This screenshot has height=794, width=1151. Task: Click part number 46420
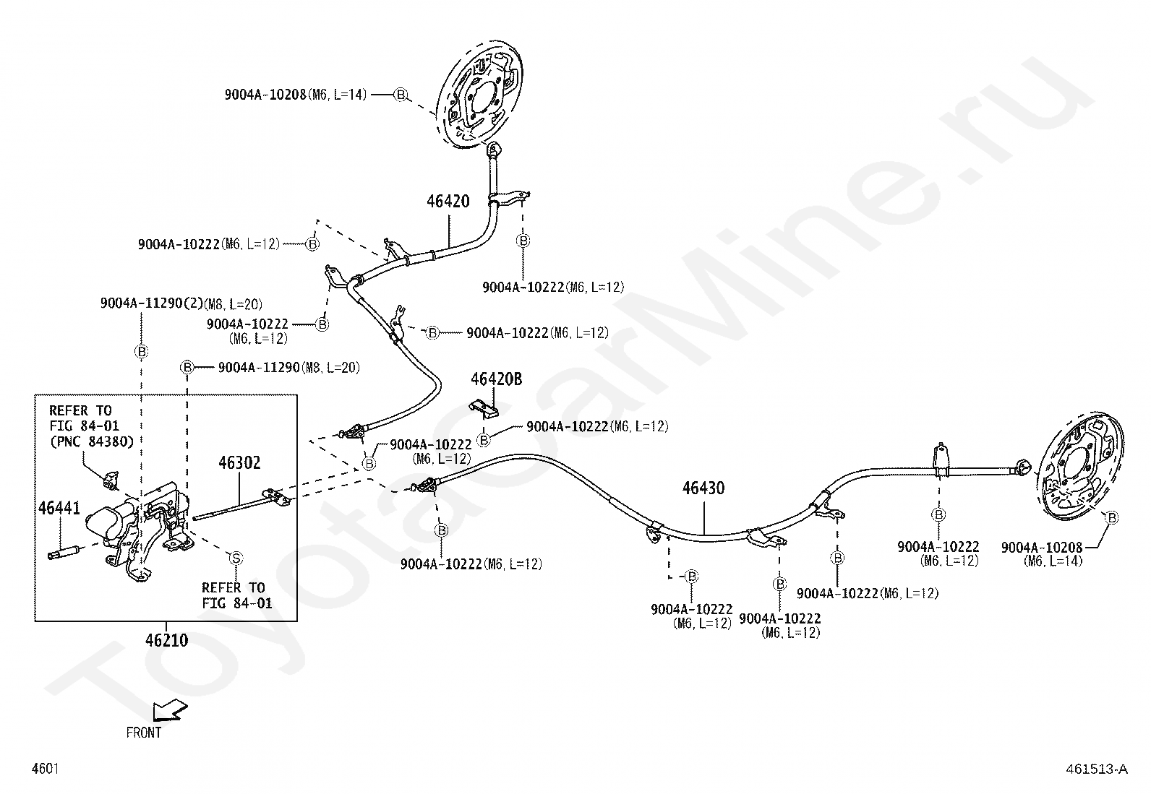click(448, 201)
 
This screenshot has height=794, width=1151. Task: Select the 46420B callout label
click(497, 379)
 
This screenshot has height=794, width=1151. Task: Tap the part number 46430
click(703, 488)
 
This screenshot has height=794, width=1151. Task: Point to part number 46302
click(239, 462)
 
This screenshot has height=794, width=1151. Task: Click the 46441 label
click(59, 508)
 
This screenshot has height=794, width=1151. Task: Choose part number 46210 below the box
click(166, 640)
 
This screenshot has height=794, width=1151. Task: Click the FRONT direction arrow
click(170, 711)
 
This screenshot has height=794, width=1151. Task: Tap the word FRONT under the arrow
click(144, 733)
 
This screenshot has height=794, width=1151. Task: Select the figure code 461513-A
click(1097, 769)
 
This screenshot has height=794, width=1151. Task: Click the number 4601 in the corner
click(46, 769)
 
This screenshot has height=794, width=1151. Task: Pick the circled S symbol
click(236, 558)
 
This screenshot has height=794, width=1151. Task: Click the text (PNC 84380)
click(92, 441)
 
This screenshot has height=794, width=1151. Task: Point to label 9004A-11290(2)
click(152, 303)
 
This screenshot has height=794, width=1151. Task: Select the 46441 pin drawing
click(64, 553)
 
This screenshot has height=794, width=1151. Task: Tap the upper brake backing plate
click(479, 95)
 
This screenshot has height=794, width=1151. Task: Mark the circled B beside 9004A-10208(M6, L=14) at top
click(401, 95)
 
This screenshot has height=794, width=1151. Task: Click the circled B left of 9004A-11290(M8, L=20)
click(187, 367)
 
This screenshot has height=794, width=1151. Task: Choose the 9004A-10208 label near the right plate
click(1042, 548)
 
